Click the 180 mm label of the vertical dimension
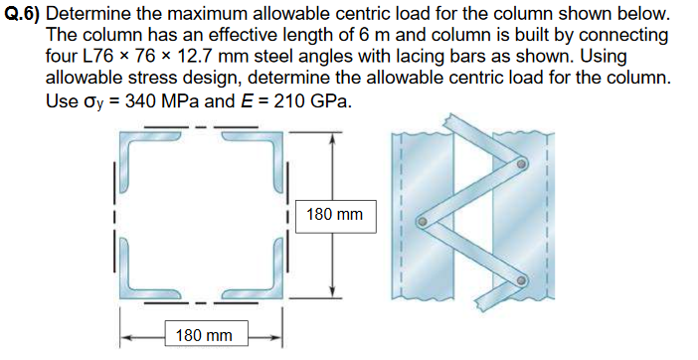tap(336, 214)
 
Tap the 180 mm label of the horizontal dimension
tap(204, 335)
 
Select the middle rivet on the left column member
tap(424, 223)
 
